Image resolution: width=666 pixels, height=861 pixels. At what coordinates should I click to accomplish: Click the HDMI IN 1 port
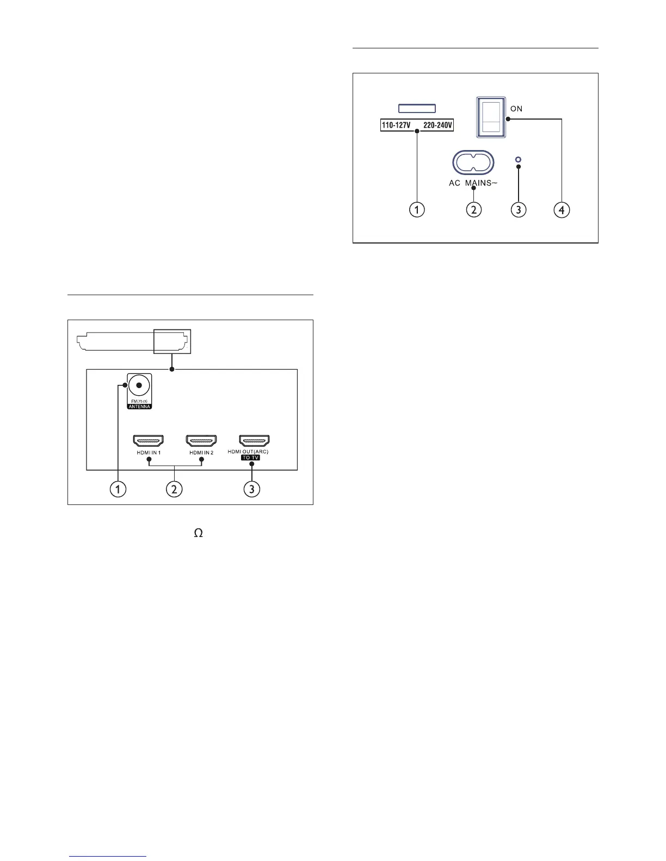pyautogui.click(x=149, y=440)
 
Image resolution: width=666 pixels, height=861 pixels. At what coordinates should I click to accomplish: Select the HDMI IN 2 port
pyautogui.click(x=201, y=440)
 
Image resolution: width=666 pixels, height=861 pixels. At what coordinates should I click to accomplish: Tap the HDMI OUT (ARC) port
pyautogui.click(x=255, y=440)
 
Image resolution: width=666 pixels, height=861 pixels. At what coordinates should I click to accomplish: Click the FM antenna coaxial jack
pyautogui.click(x=139, y=386)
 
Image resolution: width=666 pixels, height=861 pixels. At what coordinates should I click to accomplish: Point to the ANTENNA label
pyautogui.click(x=139, y=407)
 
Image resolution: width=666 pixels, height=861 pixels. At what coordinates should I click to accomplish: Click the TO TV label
pyautogui.click(x=251, y=458)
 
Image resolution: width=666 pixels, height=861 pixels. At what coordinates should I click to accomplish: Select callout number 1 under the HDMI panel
pyautogui.click(x=117, y=489)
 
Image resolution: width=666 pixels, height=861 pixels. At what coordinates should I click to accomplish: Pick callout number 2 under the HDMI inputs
pyautogui.click(x=174, y=489)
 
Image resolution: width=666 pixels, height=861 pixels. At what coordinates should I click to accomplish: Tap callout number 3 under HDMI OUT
pyautogui.click(x=251, y=489)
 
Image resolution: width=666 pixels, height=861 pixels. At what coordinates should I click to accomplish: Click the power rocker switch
pyautogui.click(x=491, y=116)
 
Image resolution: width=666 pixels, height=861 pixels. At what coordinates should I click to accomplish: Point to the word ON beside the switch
pyautogui.click(x=516, y=109)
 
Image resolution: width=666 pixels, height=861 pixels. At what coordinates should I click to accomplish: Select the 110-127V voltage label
pyautogui.click(x=396, y=126)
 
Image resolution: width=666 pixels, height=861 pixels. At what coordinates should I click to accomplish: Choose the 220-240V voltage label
pyautogui.click(x=437, y=126)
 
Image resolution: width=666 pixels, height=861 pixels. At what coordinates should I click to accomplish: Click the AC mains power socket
pyautogui.click(x=473, y=162)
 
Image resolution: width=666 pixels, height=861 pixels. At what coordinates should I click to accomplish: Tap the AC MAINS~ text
pyautogui.click(x=473, y=183)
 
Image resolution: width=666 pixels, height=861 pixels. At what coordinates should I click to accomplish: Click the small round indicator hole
pyautogui.click(x=519, y=160)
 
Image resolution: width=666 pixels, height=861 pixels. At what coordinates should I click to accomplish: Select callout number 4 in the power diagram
pyautogui.click(x=562, y=209)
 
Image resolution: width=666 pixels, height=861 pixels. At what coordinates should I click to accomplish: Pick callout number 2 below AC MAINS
pyautogui.click(x=473, y=209)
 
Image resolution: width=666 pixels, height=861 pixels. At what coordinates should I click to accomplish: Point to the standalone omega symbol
pyautogui.click(x=199, y=534)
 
